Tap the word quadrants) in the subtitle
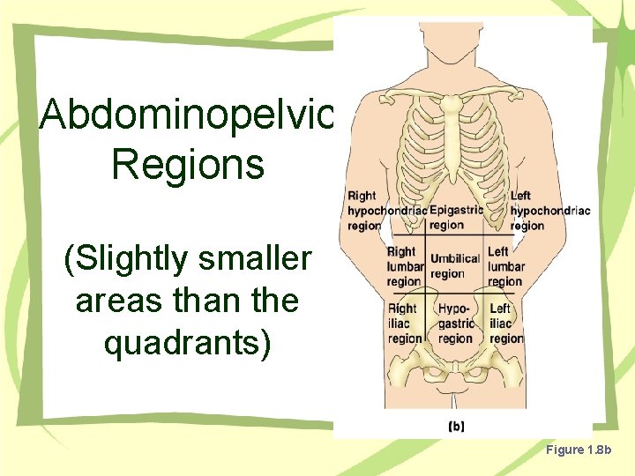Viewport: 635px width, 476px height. coord(187,343)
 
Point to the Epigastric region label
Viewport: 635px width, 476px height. coord(455,217)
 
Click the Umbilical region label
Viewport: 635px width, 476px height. coord(454,266)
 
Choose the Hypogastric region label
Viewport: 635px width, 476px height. coord(456,324)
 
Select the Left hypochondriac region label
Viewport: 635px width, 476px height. coord(549,211)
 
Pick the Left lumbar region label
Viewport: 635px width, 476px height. coord(505,266)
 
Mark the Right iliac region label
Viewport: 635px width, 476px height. coord(404,324)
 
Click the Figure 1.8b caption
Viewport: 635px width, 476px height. coord(584,450)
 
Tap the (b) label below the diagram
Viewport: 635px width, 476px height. coord(457,427)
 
